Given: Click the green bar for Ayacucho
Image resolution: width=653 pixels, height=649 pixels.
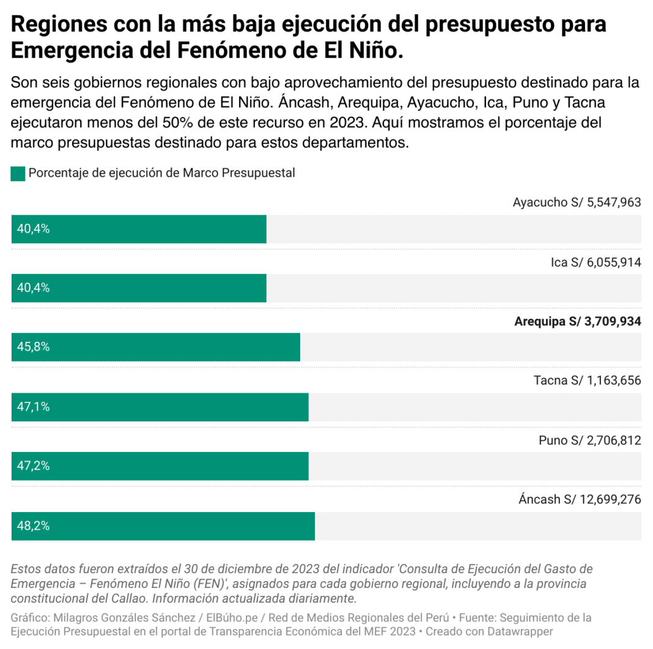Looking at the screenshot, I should [139, 229].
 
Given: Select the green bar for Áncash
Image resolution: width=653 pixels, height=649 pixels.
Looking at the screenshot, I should [163, 526].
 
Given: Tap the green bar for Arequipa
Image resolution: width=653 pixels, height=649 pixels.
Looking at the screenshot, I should [155, 347].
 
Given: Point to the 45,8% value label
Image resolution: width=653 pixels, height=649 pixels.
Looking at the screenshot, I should [33, 347].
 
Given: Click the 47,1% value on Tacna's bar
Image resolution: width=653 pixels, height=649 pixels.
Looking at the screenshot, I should [33, 407].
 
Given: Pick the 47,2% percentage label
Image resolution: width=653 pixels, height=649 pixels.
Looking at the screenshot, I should [33, 466].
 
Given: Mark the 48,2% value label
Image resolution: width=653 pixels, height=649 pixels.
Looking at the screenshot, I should [33, 526].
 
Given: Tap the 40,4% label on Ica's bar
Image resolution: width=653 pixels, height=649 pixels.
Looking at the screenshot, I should [33, 287].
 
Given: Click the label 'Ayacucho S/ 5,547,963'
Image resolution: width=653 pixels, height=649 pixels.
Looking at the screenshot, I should [577, 202].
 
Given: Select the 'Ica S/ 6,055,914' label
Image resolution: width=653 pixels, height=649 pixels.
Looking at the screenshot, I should [596, 262].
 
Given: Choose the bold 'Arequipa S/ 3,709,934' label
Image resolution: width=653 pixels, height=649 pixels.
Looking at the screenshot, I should [577, 322].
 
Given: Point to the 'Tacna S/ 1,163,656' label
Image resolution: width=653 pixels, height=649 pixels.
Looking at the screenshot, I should [587, 380].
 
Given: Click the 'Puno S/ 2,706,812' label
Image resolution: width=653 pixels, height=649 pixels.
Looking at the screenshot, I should [589, 440].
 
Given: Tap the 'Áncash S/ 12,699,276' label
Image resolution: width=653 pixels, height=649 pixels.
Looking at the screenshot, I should [580, 499].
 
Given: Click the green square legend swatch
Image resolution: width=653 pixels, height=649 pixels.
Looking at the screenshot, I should [18, 174].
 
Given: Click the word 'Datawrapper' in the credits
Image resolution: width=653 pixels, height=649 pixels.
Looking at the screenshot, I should [523, 631].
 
